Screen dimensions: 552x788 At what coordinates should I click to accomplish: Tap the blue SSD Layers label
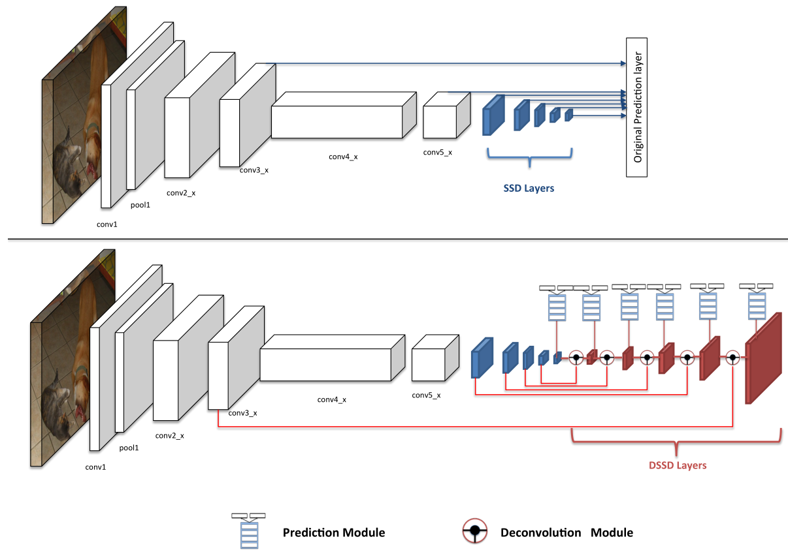tap(529, 189)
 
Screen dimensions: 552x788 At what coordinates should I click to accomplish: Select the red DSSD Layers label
tap(678, 466)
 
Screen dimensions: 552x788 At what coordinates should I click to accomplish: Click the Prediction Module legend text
tap(333, 532)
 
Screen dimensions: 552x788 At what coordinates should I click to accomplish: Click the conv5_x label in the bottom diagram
tap(426, 395)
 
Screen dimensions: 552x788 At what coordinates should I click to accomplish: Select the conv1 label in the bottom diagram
tap(96, 467)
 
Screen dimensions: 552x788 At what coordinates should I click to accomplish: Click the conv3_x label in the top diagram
tap(254, 170)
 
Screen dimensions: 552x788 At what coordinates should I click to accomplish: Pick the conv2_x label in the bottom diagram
tap(169, 435)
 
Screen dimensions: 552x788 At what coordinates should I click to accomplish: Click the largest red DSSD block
tap(763, 359)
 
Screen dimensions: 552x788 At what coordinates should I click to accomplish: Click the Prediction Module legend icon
tap(249, 531)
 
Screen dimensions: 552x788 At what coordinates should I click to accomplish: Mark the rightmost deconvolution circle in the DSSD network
tap(732, 357)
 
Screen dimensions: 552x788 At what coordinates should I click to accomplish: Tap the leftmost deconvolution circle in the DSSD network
tap(576, 357)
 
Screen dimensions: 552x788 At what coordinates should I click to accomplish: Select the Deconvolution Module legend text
tap(566, 532)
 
